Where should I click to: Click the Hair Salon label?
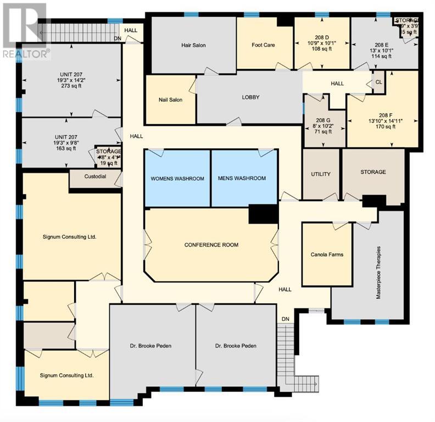(x=193, y=45)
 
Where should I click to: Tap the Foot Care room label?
(x=263, y=45)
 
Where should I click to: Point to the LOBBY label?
(x=250, y=97)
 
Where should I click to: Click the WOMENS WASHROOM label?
(x=177, y=179)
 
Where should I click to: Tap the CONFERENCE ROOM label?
(x=211, y=245)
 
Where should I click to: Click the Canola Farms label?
(x=327, y=254)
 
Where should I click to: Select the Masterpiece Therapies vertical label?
(x=378, y=272)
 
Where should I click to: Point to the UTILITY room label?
(x=321, y=174)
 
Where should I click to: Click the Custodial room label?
(x=95, y=176)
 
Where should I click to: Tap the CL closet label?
(x=378, y=82)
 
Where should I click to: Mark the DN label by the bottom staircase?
(x=285, y=319)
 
